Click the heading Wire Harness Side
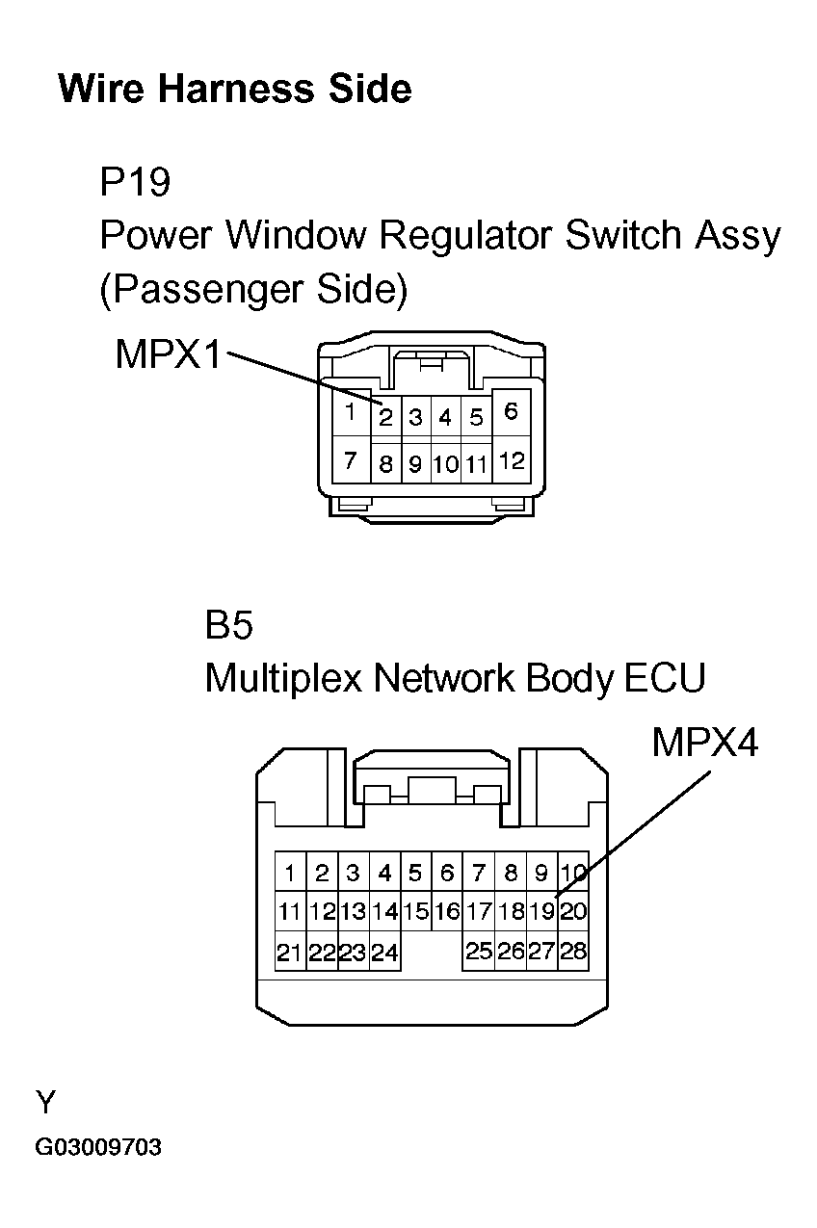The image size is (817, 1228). click(235, 90)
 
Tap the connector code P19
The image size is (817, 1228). click(135, 181)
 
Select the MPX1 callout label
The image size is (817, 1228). click(168, 354)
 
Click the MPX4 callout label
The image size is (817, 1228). click(705, 743)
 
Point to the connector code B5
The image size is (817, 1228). click(228, 626)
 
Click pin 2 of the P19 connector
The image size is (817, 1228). click(384, 418)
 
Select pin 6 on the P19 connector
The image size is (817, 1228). click(511, 412)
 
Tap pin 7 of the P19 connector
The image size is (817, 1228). click(351, 461)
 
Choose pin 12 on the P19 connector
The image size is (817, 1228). click(512, 461)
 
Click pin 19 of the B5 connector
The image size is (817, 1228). click(541, 911)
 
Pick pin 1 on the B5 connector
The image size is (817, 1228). click(289, 874)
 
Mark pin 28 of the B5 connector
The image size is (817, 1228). click(573, 952)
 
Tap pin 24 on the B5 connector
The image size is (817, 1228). click(384, 953)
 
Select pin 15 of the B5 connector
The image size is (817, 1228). click(415, 911)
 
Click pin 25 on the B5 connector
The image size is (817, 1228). click(479, 952)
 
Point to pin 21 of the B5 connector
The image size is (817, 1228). click(289, 953)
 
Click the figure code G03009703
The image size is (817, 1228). click(99, 1148)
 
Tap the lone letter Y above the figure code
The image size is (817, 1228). click(45, 1102)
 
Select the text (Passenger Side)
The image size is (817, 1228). click(253, 290)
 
